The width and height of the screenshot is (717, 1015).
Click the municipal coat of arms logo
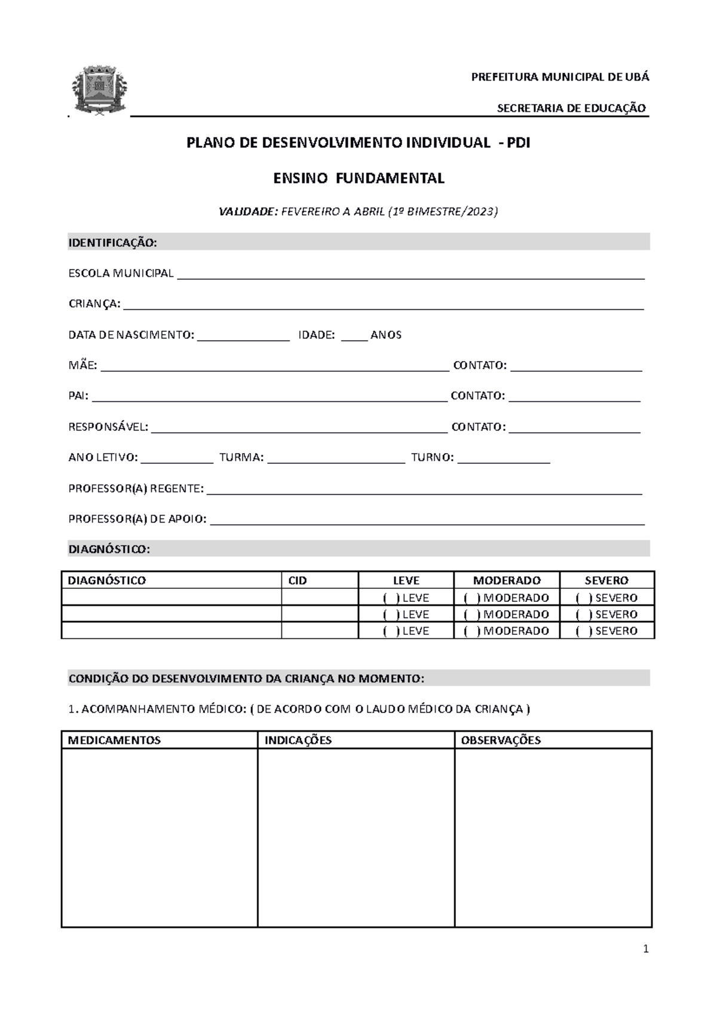(x=99, y=91)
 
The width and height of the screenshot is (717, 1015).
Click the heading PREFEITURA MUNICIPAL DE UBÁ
(x=560, y=77)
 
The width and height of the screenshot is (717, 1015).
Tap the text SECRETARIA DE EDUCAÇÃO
(x=571, y=108)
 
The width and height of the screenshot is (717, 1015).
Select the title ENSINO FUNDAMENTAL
(x=358, y=178)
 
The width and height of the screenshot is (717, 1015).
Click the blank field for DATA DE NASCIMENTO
(x=243, y=336)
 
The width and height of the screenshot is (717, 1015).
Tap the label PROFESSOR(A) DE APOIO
(x=137, y=519)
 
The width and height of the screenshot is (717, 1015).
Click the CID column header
(x=298, y=580)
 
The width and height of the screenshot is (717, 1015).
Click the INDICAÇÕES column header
(x=298, y=740)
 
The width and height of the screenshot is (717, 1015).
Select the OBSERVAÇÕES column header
(x=501, y=740)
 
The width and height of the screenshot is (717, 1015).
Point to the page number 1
(x=645, y=949)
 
